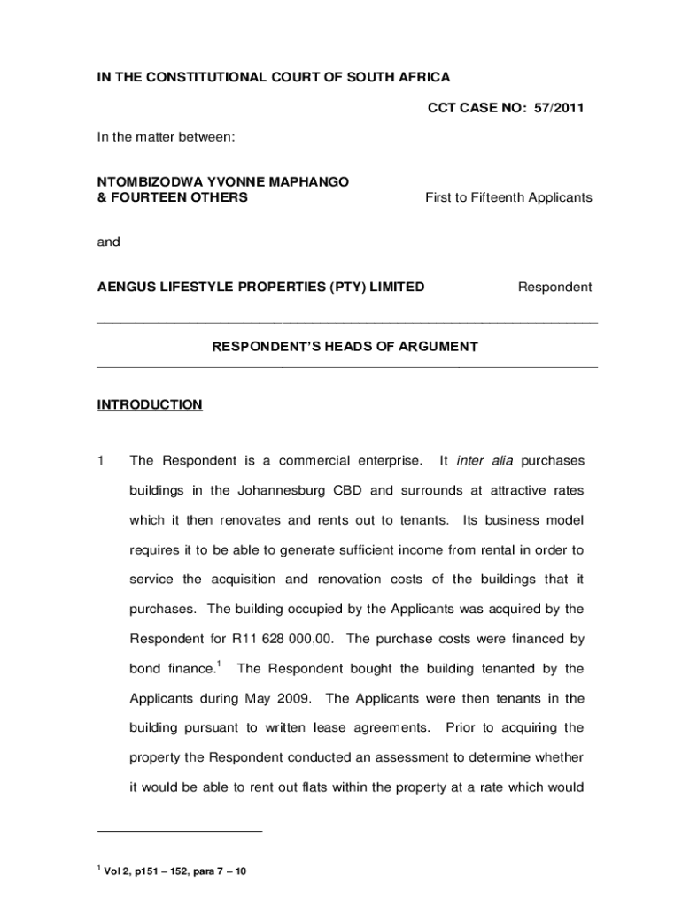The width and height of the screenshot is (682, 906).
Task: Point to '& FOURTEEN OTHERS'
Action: coord(172,197)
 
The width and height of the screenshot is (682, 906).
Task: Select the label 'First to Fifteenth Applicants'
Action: coord(508,197)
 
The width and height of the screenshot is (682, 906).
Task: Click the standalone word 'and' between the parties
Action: coord(108,242)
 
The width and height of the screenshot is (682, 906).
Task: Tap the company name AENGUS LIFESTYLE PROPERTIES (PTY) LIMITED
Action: coord(260,287)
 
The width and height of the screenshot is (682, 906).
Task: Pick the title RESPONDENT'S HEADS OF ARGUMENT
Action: coord(345,347)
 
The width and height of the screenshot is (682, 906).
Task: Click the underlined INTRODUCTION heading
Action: coord(149,405)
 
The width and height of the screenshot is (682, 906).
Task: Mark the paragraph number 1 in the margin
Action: coord(101,460)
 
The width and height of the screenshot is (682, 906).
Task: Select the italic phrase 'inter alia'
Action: coord(484,460)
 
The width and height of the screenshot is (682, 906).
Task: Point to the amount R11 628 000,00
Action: coord(283,639)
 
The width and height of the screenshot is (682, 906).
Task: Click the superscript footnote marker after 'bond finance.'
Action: coord(218,664)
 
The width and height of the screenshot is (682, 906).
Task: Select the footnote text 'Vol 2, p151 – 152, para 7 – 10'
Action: coord(175,871)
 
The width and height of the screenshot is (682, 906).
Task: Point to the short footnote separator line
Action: coord(180,832)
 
